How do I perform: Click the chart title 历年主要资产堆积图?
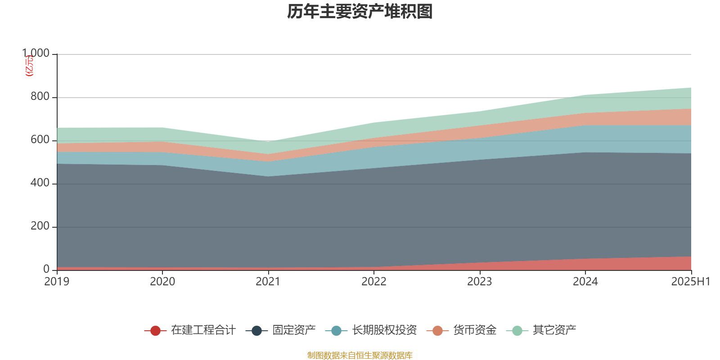pyautogui.click(x=360, y=12)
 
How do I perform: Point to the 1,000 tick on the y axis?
pyautogui.click(x=36, y=53)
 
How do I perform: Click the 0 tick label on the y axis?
pyautogui.click(x=46, y=269)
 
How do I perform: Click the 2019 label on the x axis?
pyautogui.click(x=57, y=281)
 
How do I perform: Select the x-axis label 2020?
pyautogui.click(x=162, y=281)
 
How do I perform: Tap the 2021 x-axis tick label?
pyautogui.click(x=268, y=281)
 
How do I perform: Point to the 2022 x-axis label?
pyautogui.click(x=374, y=281)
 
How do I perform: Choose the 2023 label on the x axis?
pyautogui.click(x=480, y=281)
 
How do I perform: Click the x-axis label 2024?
pyautogui.click(x=585, y=281)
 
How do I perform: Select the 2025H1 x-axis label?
pyautogui.click(x=690, y=281)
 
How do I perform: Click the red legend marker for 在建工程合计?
pyautogui.click(x=155, y=331)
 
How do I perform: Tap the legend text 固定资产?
pyautogui.click(x=294, y=330)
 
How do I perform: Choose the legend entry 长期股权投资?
pyautogui.click(x=384, y=330)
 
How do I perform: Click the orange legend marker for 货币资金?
pyautogui.click(x=437, y=331)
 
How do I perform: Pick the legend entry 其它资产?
pyautogui.click(x=554, y=330)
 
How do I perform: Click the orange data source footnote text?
pyautogui.click(x=360, y=355)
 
